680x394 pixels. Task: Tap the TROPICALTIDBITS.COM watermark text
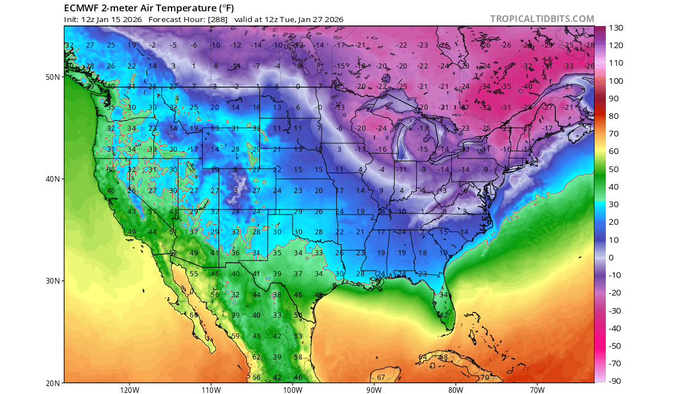pos(542,19)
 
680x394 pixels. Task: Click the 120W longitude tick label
pos(130,389)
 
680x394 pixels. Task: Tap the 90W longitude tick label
pos(374,389)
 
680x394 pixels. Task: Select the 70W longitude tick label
pos(537,389)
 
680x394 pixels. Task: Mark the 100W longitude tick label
pos(292,389)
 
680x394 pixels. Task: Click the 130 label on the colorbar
pos(617,28)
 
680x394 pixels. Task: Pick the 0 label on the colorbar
pos(611,258)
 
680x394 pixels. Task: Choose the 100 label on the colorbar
pos(617,81)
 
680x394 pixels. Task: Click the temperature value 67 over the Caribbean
pos(381,378)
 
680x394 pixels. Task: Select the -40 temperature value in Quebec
pos(527,87)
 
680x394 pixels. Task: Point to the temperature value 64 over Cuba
pos(422,357)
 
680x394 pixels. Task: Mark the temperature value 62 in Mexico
pos(256,357)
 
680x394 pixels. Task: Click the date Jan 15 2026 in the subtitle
pos(119,19)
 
